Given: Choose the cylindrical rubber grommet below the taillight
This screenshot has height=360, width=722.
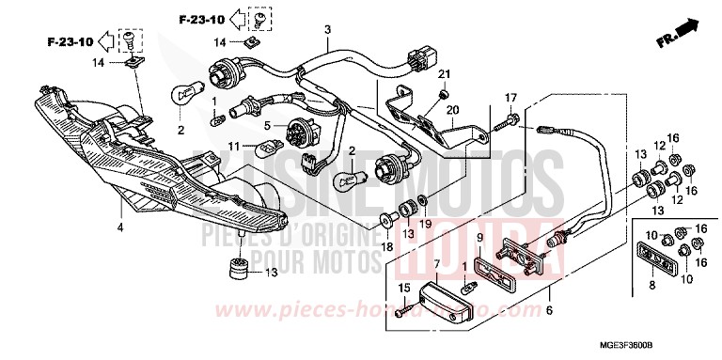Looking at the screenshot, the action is point(240,267).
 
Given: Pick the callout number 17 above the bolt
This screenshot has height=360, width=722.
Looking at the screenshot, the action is point(512,98).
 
